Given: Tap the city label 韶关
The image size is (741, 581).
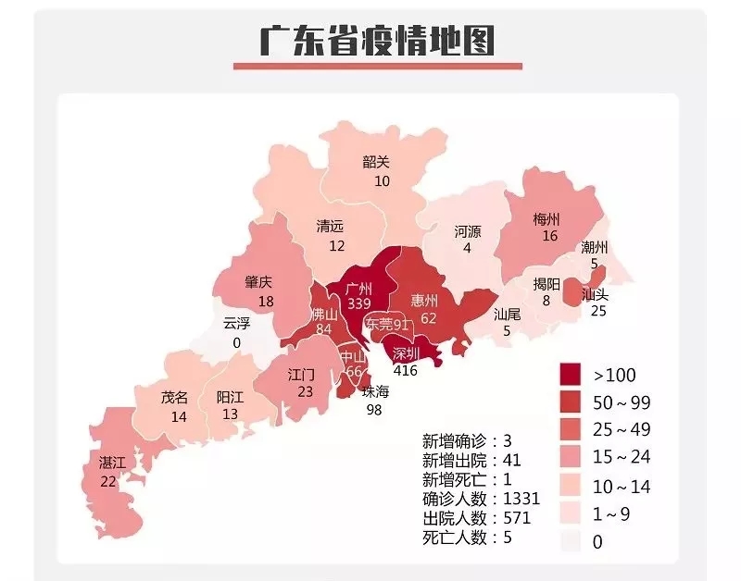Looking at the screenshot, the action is point(376,161).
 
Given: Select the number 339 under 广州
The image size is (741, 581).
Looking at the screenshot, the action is point(360,304).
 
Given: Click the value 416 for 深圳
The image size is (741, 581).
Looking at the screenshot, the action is point(405,370).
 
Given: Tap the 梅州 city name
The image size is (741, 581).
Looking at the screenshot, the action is point(546,219).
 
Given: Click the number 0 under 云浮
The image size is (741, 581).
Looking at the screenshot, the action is point(236,343).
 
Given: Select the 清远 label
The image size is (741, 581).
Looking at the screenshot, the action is point(330,226).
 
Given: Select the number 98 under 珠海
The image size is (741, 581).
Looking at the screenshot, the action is point(374,410).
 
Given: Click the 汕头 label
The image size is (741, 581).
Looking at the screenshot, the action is point(594,294).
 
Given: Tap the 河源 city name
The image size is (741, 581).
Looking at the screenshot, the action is point(467,230).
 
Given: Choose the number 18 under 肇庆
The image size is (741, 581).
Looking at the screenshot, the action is point(266,302).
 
